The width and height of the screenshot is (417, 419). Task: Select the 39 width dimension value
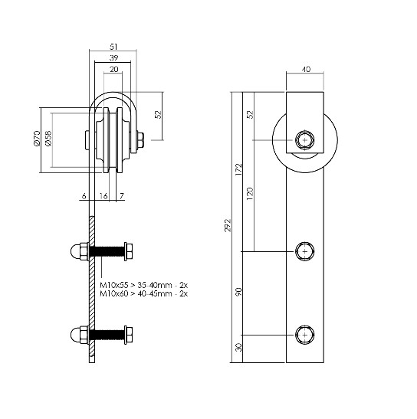(x=113, y=57)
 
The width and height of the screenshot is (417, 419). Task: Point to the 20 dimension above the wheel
(x=113, y=70)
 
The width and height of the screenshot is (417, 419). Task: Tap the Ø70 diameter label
(x=36, y=139)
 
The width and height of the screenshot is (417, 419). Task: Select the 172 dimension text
(x=239, y=170)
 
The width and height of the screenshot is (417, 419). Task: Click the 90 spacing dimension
(x=239, y=292)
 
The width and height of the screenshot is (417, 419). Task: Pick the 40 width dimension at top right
(x=306, y=70)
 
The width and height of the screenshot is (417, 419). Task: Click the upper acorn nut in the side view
(x=77, y=251)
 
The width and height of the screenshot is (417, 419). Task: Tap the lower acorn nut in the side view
(x=77, y=335)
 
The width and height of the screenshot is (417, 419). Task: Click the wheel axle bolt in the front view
(x=305, y=140)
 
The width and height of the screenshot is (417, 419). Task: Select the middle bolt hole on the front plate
(x=305, y=250)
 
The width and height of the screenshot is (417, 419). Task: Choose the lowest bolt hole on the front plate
(x=305, y=335)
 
